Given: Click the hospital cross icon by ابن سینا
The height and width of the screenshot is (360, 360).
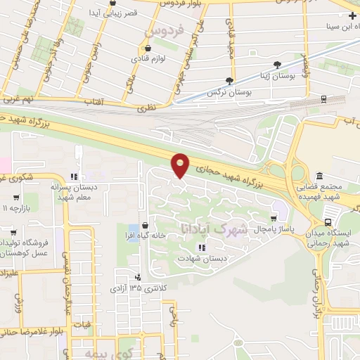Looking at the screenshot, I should pos(352,7).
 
